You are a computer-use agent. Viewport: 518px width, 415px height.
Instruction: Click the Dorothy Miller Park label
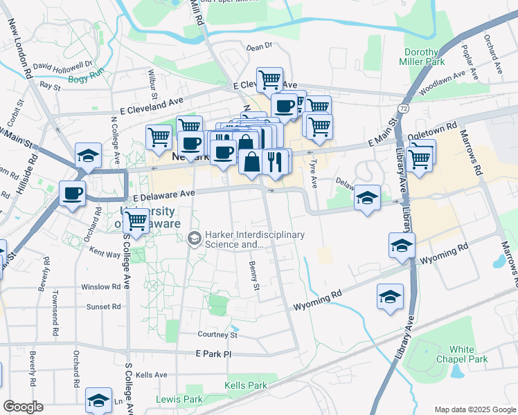(422, 57)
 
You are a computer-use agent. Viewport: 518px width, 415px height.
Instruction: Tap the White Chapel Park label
(468, 354)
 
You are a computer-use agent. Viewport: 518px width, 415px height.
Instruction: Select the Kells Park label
(246, 385)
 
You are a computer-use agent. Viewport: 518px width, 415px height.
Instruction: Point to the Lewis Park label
(179, 399)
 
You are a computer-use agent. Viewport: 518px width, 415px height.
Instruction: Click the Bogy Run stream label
(85, 78)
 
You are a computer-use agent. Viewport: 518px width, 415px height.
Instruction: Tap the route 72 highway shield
(404, 109)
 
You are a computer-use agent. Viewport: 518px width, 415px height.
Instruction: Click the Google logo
(23, 407)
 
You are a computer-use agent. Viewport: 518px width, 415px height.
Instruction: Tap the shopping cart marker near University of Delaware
(136, 221)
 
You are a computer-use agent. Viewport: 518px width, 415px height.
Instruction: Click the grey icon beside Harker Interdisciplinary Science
(195, 239)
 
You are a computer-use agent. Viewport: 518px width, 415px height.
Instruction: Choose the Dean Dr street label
(260, 47)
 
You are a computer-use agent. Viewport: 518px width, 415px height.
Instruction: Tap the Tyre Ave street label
(314, 172)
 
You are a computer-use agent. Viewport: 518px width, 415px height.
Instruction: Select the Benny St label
(254, 276)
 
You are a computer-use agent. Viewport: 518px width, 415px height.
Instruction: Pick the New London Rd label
(20, 49)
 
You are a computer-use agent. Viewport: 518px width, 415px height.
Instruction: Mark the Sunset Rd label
(103, 306)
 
